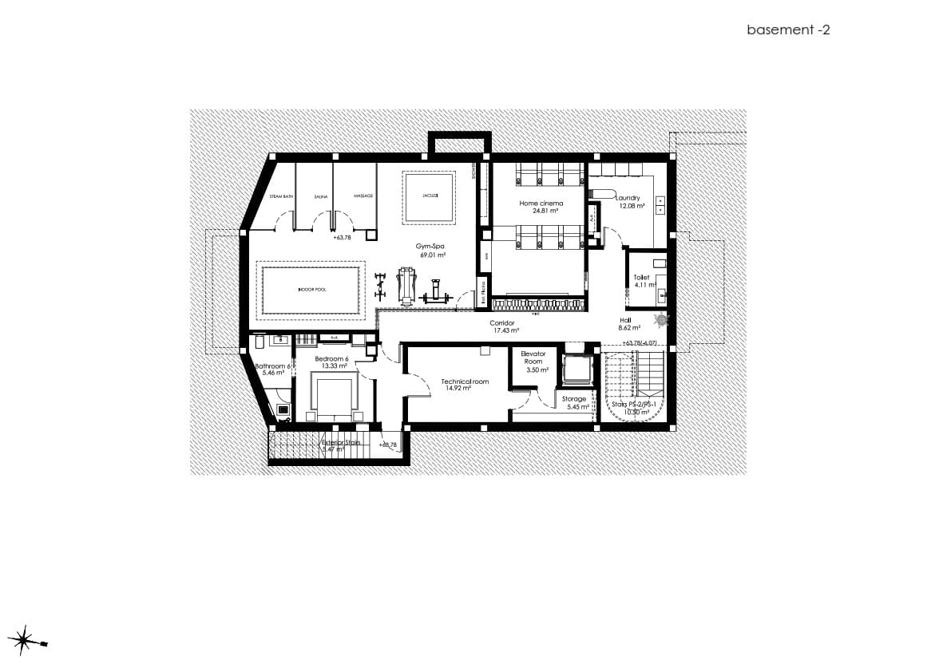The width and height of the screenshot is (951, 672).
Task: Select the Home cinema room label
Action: coord(541,207)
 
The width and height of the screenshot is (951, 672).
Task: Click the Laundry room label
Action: coord(630,202)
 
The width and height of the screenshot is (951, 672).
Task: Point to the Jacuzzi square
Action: coord(430,196)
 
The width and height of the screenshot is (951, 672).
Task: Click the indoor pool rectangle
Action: coord(311,290)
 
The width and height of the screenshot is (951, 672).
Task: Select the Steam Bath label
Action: coord(281,196)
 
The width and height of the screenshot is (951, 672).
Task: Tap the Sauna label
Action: coord(321,196)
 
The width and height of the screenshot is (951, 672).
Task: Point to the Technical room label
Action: coord(465,385)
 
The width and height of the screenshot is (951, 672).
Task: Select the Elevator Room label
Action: coord(533,362)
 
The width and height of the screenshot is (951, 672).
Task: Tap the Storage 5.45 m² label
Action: coord(574,402)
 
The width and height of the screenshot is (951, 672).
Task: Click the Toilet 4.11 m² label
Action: coord(643,281)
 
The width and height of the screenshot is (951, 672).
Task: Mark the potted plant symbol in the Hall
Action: coord(660,320)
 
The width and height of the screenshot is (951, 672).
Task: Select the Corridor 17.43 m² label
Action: coord(505,326)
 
